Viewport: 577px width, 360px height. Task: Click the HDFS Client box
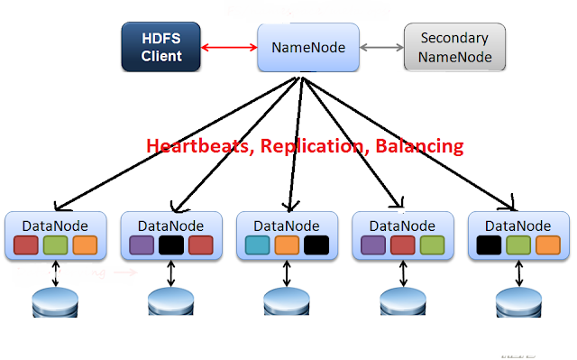[161, 47]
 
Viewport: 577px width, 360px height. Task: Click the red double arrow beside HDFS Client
[229, 46]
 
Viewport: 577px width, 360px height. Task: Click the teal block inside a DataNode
[257, 245]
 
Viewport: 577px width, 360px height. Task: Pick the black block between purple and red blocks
[171, 245]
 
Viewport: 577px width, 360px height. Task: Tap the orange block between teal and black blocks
[287, 245]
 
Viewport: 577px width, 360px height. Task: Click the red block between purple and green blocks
[402, 245]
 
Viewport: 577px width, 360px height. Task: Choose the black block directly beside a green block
[489, 245]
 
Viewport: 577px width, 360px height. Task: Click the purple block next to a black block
[142, 245]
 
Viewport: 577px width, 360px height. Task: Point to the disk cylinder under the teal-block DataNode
[288, 302]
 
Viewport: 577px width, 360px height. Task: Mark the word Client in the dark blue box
[161, 57]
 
